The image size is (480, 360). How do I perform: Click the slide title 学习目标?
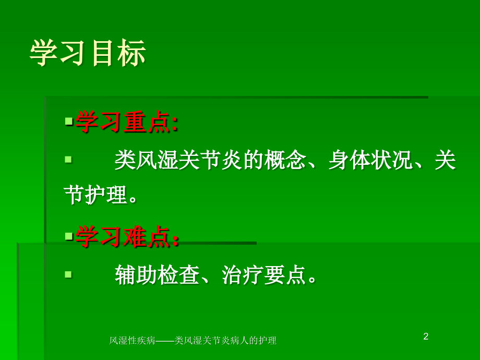tap(88, 54)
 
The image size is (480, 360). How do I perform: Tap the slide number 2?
tap(426, 337)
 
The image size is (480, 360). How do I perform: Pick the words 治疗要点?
tap(263, 275)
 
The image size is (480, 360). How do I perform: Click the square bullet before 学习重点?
tap(68, 121)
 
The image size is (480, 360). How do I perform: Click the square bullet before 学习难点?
tap(68, 236)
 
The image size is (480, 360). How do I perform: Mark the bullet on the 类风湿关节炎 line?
tap(68, 158)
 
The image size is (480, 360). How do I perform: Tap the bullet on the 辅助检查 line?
tap(68, 273)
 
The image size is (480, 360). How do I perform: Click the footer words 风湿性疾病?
tap(133, 341)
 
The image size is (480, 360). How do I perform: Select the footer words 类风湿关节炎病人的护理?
tap(225, 341)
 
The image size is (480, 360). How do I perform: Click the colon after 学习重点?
tap(175, 124)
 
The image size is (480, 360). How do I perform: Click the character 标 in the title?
tap(131, 54)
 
